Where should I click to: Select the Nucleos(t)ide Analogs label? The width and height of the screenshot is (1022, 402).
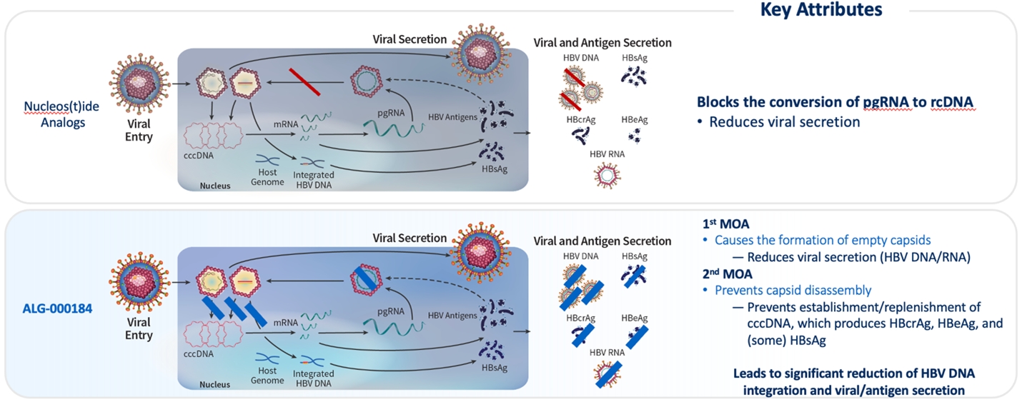point(54,114)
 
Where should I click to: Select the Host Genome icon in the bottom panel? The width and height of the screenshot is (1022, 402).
point(267,358)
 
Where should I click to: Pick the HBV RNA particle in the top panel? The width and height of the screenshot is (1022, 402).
point(605,175)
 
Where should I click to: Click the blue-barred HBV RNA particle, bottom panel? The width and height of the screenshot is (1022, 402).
point(605,373)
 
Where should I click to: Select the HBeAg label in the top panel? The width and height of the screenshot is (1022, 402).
point(635,120)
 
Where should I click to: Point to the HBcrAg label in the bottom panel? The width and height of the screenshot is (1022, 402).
point(580,318)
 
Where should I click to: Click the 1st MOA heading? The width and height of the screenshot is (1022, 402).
point(726,224)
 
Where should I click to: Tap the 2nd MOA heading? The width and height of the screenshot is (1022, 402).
point(728,273)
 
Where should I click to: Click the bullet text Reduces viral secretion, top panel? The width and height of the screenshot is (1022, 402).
point(784,122)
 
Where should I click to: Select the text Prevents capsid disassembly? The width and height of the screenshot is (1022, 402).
point(793,290)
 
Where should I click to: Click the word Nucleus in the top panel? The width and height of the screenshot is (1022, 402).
point(215,186)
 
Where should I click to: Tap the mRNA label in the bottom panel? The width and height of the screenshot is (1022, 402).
point(285,322)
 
